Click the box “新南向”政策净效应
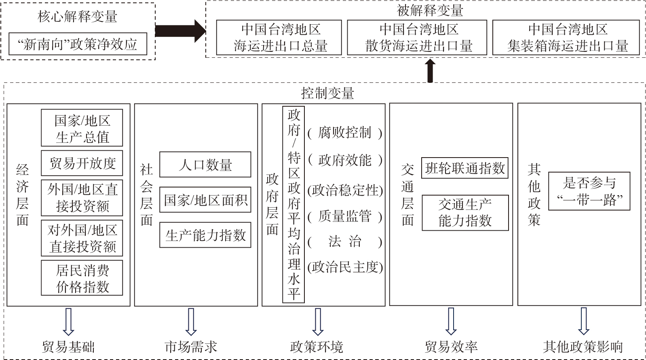point(78,44)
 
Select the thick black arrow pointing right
point(180,31)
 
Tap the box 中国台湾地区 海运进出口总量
point(279,38)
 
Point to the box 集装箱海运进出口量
point(566,38)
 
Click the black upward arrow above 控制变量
point(430,71)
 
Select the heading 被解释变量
point(430,11)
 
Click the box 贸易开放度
point(82,163)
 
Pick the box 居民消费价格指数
point(82,278)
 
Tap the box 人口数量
point(205,164)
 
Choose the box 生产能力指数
point(205,235)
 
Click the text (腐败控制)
point(344,133)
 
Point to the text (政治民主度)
point(345,267)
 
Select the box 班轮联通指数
point(465,168)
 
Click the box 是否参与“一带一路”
point(589,191)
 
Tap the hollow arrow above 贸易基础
point(68,321)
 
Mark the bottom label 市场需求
point(191,347)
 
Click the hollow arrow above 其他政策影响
point(583,321)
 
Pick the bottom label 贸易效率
point(451,347)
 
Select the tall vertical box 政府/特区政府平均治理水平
point(293,204)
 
